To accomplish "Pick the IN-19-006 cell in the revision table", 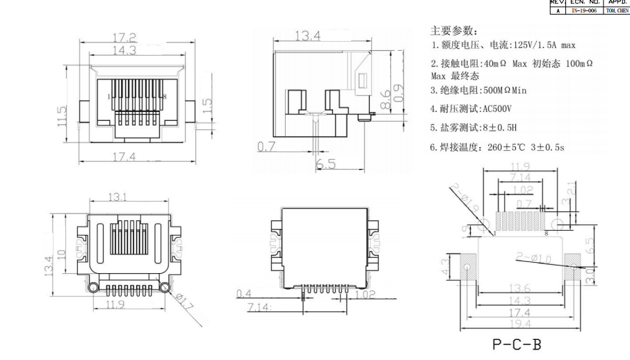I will pos(581,10).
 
